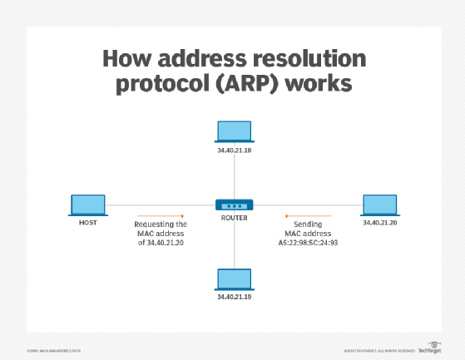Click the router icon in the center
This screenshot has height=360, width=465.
(x=233, y=204)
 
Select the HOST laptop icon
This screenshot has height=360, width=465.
(x=87, y=205)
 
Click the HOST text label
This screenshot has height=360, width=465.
(x=87, y=223)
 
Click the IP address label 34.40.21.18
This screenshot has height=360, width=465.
(x=233, y=150)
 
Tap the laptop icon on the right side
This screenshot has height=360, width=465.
(x=379, y=205)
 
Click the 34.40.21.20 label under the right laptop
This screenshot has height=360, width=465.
(x=379, y=224)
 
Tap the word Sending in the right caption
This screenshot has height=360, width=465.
(x=298, y=224)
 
